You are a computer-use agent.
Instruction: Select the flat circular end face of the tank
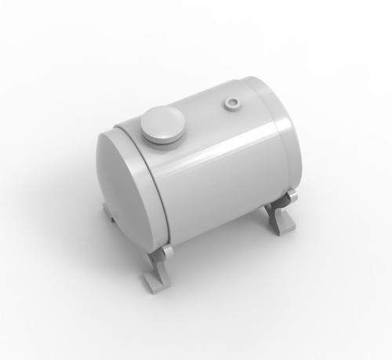(x=125, y=184)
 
